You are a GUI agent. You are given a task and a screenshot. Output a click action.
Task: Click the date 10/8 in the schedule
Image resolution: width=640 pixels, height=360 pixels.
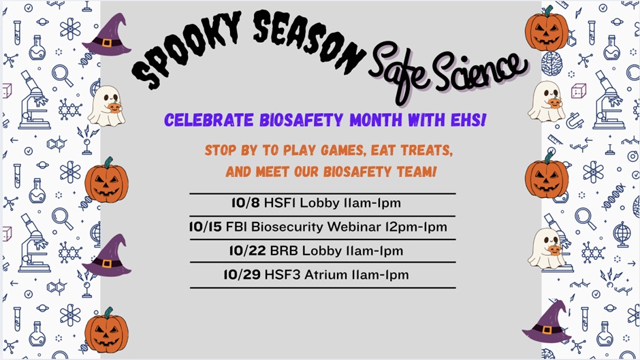pos(245,203)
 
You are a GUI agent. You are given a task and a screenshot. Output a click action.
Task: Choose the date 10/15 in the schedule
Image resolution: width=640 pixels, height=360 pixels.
pos(205,227)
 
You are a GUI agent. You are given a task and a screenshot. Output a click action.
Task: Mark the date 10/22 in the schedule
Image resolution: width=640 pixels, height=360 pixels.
pos(247,250)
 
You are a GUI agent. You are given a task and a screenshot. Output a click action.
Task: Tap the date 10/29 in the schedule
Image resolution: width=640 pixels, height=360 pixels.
pos(242,275)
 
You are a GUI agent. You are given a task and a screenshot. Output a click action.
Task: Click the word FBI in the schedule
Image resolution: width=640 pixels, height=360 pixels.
pos(236,227)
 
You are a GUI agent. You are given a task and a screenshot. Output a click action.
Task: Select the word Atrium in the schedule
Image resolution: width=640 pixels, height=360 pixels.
pos(323,275)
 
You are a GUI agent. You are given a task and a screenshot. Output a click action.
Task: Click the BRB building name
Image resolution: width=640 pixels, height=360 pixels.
pos(284,250)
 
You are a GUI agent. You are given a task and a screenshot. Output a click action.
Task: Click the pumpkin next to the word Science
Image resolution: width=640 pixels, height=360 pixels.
pos(546,29)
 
